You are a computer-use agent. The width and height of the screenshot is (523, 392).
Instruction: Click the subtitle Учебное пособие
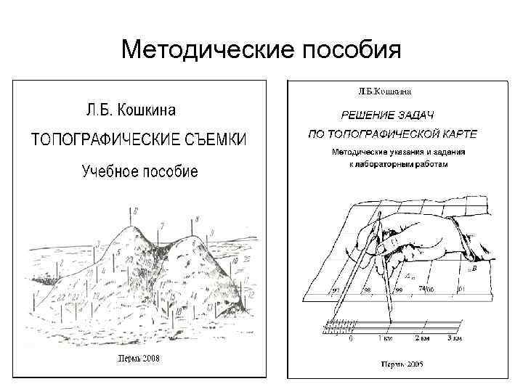point(139,171)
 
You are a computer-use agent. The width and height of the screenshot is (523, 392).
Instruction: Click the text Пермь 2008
point(141,359)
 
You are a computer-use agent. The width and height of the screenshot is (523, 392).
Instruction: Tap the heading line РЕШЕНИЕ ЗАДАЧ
point(388,115)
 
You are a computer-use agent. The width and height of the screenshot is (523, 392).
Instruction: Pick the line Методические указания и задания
point(398,152)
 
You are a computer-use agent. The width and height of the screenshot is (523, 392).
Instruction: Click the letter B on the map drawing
point(475,268)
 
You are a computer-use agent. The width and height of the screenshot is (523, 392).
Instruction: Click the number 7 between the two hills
point(162,225)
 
